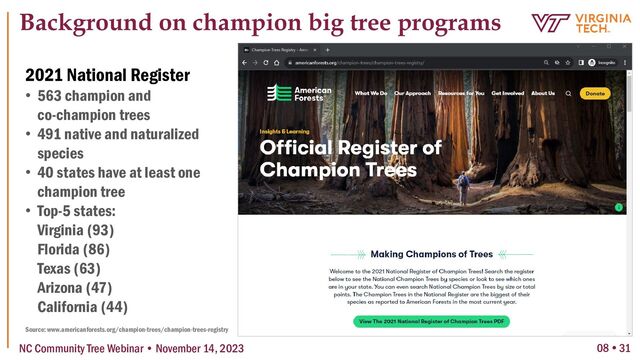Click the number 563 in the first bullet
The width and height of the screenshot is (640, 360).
(x=51, y=97)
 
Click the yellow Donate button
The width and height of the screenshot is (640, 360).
(x=594, y=93)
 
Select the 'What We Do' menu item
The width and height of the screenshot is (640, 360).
(x=370, y=93)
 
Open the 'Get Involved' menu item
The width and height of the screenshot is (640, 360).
(x=508, y=93)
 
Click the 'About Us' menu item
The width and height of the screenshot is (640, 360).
(x=543, y=93)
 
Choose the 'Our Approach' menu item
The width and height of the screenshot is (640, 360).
(x=413, y=93)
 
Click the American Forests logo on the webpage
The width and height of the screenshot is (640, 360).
(x=293, y=93)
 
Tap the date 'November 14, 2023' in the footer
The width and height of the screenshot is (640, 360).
(x=211, y=348)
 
